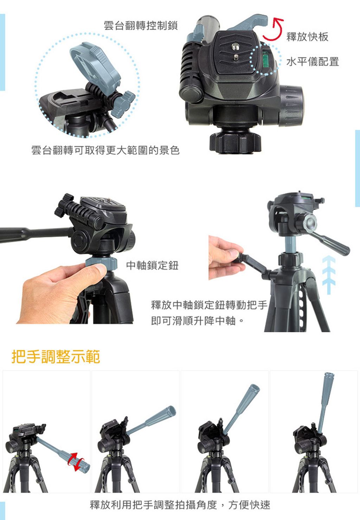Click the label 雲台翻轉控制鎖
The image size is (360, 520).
(140, 26)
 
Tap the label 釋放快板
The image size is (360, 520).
(307, 37)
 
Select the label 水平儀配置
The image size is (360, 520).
(313, 62)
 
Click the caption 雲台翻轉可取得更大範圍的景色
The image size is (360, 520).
(105, 150)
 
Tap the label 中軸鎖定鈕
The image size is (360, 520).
(152, 265)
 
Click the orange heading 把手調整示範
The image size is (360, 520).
(56, 357)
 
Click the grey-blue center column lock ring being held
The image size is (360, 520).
(101, 263)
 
